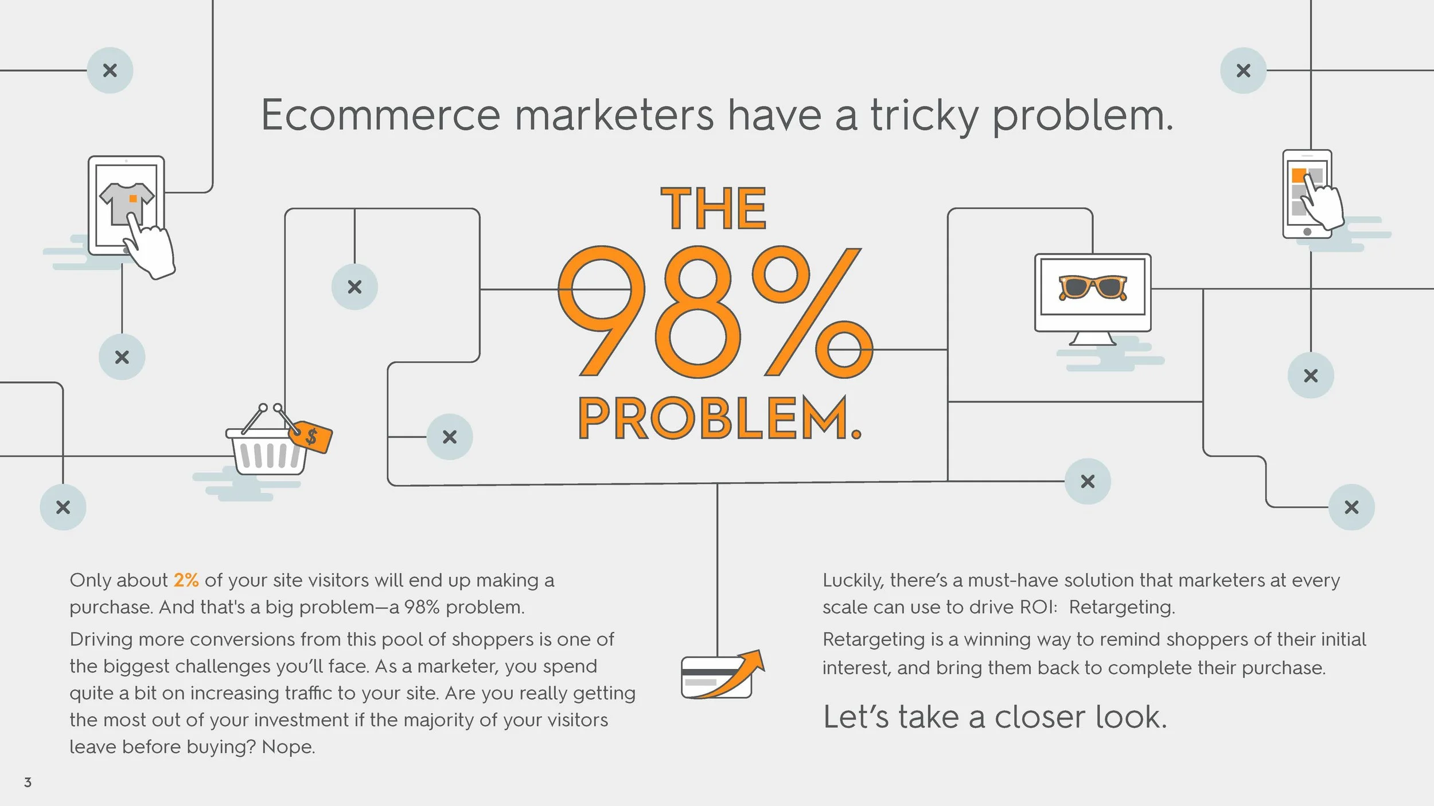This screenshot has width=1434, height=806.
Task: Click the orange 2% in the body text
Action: (x=186, y=580)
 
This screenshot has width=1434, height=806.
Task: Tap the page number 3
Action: (x=28, y=782)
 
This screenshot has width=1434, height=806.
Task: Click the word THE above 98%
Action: (x=714, y=209)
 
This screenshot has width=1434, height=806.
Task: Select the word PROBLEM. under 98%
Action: (x=720, y=418)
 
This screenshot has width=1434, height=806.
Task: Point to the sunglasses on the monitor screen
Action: (x=1092, y=287)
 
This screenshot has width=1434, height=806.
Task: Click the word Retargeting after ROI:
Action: (x=1121, y=607)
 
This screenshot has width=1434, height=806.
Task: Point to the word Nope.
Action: (x=288, y=747)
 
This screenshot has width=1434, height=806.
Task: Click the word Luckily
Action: (x=853, y=581)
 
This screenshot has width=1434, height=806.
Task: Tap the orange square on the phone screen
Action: (x=1299, y=175)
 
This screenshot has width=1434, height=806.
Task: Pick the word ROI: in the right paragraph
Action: (x=1037, y=607)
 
